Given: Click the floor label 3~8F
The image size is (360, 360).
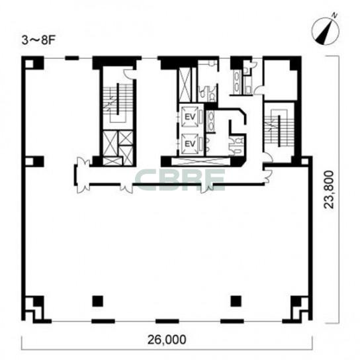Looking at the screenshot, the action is pyautogui.click(x=38, y=40).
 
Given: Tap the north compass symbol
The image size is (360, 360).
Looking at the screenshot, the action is pyautogui.click(x=326, y=30).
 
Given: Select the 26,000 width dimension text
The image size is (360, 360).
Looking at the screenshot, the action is pyautogui.click(x=167, y=339).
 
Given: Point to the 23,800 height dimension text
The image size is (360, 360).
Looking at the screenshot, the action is pyautogui.click(x=328, y=189).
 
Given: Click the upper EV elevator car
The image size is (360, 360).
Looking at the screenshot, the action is pyautogui.click(x=190, y=117).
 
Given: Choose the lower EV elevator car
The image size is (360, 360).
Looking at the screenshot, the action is pyautogui.click(x=190, y=144).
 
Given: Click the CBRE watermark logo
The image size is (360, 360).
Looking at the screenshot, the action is pyautogui.click(x=180, y=180).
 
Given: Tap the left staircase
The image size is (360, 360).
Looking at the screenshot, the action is pyautogui.click(x=118, y=102).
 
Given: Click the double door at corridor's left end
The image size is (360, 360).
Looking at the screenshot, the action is pyautogui.click(x=83, y=175).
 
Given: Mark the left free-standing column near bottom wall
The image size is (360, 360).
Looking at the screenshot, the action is pyautogui.click(x=97, y=301).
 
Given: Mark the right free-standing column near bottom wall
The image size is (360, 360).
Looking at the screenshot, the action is pyautogui.click(x=236, y=301).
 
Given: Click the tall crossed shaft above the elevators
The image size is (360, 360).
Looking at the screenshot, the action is pyautogui.click(x=185, y=85).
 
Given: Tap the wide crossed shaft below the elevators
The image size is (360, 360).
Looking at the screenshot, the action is pyautogui.click(x=201, y=161).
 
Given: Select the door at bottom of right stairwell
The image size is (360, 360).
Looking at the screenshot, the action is pyautogui.click(x=268, y=157).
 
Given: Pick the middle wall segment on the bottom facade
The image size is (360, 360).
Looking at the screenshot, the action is pyautogui.click(x=167, y=321).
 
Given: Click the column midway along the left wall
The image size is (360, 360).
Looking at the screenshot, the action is pyautogui.click(x=34, y=161).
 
